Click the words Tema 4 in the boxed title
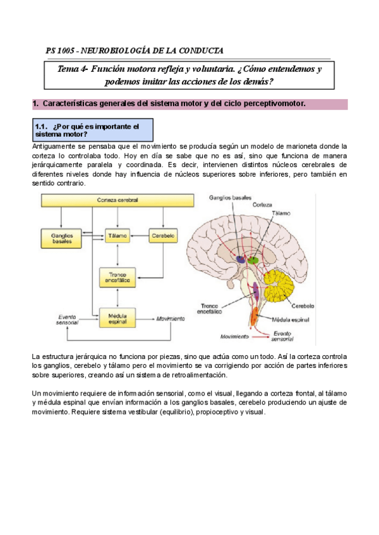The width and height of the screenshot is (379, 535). (x=72, y=69)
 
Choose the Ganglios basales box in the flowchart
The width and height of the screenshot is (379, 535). (x=63, y=238)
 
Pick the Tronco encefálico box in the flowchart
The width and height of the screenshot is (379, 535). (x=118, y=276)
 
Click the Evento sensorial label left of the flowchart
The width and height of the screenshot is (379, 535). (x=67, y=319)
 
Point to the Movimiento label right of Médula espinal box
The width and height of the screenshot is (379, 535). (x=170, y=318)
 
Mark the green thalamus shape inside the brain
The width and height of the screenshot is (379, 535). (x=253, y=258)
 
